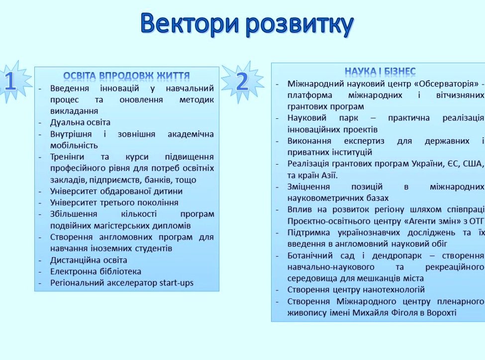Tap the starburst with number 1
coord(11,82)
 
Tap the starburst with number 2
coord(242,81)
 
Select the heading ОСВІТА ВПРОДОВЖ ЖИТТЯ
coord(126,76)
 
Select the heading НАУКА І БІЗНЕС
coord(380,72)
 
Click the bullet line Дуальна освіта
coord(80,122)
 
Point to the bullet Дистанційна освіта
coord(89,260)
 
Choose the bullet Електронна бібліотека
coord(96,271)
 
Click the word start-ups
coord(176,283)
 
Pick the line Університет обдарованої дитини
coord(116,191)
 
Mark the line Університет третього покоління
coord(114,202)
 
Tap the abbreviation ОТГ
coord(476,221)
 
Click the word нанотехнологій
coord(393,289)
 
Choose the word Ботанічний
coord(310,256)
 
